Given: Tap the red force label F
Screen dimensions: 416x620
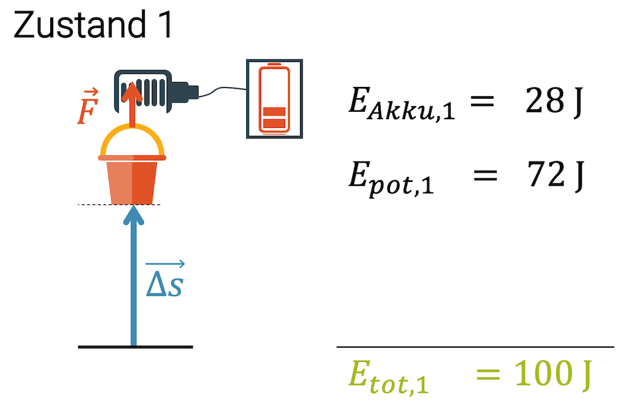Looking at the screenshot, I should coord(87,110).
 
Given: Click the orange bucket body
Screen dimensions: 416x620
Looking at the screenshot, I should coord(131,181).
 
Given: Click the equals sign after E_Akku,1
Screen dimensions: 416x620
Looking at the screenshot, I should coord(481,102).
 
